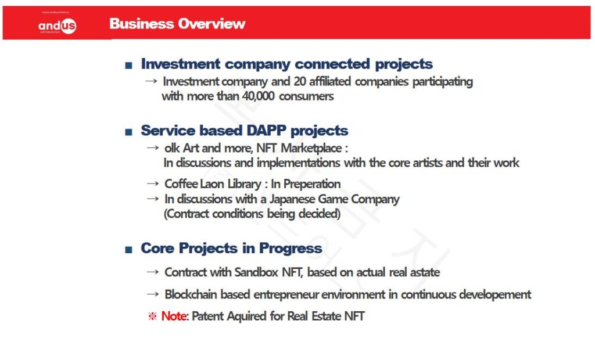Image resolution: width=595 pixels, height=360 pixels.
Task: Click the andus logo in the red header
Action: [x=57, y=26]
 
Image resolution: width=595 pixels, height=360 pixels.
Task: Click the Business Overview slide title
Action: [x=177, y=24]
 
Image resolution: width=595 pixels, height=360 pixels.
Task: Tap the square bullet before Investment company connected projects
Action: [x=128, y=65]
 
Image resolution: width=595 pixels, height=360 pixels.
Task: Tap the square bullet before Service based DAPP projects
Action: [x=128, y=132]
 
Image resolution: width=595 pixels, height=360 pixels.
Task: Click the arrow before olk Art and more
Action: [x=153, y=147]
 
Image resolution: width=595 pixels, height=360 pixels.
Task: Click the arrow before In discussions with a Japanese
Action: [x=153, y=199]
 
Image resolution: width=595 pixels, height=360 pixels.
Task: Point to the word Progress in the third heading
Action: [x=291, y=249]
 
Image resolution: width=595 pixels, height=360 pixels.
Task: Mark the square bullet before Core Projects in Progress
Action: [x=128, y=250]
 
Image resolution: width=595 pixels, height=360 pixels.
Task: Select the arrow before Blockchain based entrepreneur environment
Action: [x=153, y=294]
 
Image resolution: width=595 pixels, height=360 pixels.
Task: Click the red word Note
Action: [x=174, y=316]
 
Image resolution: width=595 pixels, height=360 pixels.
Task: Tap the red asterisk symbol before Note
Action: [x=152, y=316]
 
